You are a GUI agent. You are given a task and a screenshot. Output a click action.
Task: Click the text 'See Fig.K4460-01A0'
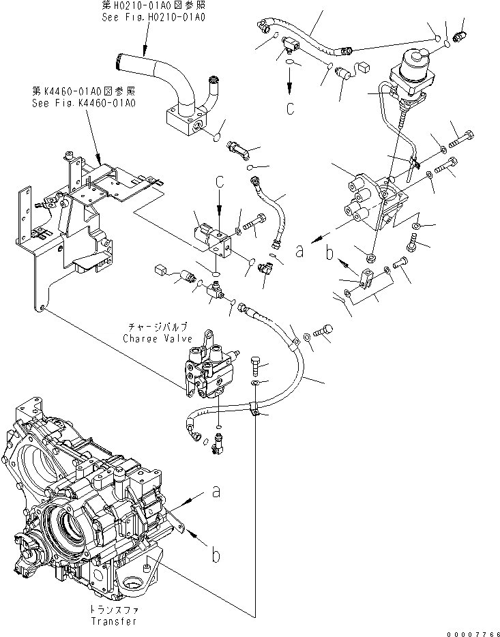click(x=84, y=103)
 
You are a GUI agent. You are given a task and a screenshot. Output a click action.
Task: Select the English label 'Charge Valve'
click(x=153, y=338)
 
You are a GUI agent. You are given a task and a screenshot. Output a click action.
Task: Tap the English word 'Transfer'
click(x=113, y=621)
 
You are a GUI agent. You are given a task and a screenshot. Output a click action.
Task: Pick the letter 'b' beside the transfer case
click(x=215, y=556)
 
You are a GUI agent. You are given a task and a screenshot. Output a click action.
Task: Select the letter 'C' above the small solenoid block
click(x=220, y=183)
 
